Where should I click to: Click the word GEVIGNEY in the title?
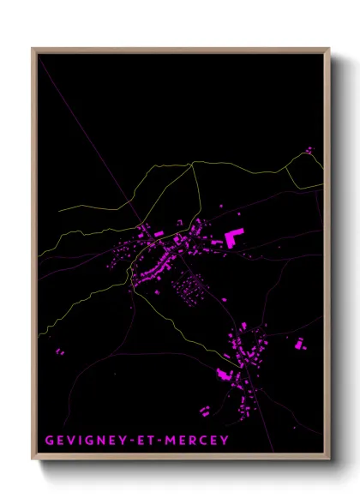point(81,441)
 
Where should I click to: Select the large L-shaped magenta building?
point(232,237)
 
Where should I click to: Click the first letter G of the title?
point(48,441)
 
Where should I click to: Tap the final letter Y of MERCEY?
point(225,441)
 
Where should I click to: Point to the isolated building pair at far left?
point(60,351)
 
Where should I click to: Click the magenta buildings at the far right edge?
point(300,345)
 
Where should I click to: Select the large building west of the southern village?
point(225,374)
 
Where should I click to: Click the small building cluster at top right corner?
point(309,151)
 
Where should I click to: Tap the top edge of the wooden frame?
point(180,50)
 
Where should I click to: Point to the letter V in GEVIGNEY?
point(69,441)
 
